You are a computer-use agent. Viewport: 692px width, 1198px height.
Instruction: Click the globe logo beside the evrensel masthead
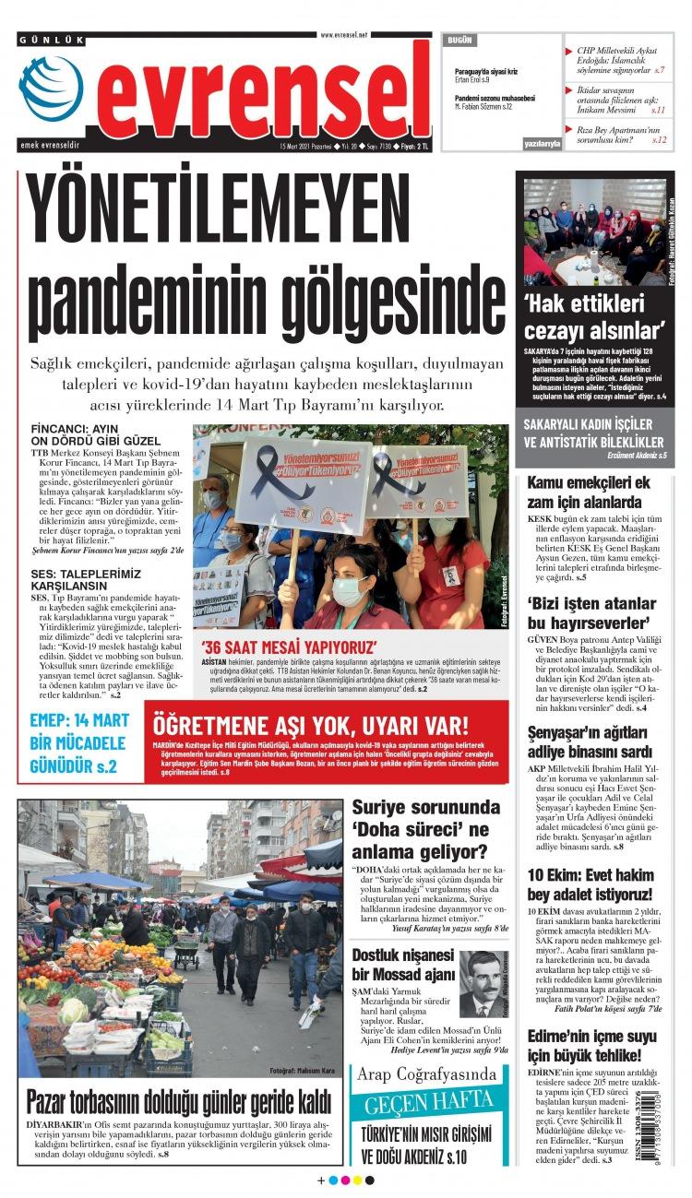pyautogui.click(x=51, y=89)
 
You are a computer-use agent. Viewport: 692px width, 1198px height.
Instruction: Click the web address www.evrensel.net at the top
pyautogui.click(x=344, y=34)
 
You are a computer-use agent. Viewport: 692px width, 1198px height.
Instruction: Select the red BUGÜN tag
pyautogui.click(x=459, y=41)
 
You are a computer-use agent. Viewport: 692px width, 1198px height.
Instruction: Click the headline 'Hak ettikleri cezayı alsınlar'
pyautogui.click(x=595, y=318)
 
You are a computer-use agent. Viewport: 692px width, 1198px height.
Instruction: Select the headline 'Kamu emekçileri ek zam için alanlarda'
pyautogui.click(x=590, y=492)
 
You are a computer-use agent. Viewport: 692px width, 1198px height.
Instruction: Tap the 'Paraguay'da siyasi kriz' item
pyautogui.click(x=486, y=72)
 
